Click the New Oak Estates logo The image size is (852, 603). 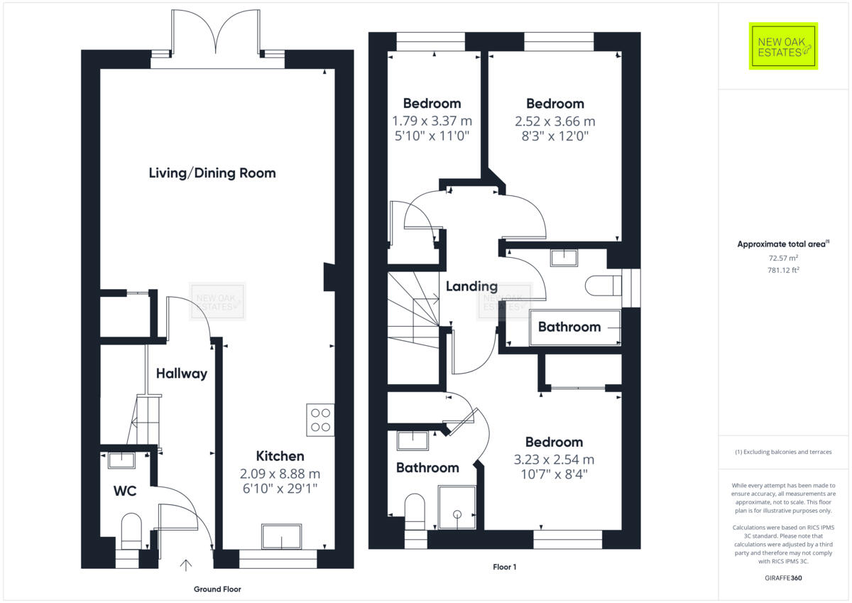pyautogui.click(x=783, y=46)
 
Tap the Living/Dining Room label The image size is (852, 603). pyautogui.click(x=212, y=173)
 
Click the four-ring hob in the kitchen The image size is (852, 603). pyautogui.click(x=320, y=420)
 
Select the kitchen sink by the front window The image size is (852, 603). pyautogui.click(x=281, y=536)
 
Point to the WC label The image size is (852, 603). pyautogui.click(x=125, y=491)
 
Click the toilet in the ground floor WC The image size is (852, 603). pyautogui.click(x=131, y=531)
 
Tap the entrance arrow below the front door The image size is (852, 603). pyautogui.click(x=185, y=565)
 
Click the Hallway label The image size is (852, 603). pyautogui.click(x=182, y=374)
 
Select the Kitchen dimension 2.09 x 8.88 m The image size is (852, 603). pyautogui.click(x=280, y=474)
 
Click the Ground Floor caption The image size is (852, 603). pyautogui.click(x=217, y=590)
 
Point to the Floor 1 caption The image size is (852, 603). pyautogui.click(x=505, y=567)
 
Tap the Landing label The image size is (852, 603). pyautogui.click(x=471, y=286)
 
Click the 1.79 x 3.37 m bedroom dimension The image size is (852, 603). pyautogui.click(x=432, y=121)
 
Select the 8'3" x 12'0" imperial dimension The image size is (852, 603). pyautogui.click(x=555, y=136)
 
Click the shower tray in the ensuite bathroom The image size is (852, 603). pyautogui.click(x=457, y=507)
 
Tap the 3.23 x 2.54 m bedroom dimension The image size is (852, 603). pyautogui.click(x=555, y=460)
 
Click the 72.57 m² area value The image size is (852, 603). pyautogui.click(x=783, y=258)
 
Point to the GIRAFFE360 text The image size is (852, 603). pyautogui.click(x=784, y=578)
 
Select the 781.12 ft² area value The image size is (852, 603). pyautogui.click(x=784, y=270)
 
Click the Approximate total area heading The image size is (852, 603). pyautogui.click(x=783, y=244)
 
